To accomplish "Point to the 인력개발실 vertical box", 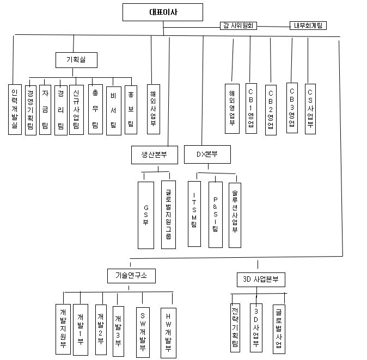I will tap(15, 109).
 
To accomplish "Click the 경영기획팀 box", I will tap(31, 109).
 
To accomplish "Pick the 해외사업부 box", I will tap(153, 109).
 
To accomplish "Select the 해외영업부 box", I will tap(233, 108).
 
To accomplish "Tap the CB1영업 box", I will tap(250, 108).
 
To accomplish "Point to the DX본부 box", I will tap(207, 154).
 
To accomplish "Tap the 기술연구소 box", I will tap(131, 276).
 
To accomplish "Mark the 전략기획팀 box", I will tap(235, 327).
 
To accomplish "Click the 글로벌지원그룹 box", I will tap(168, 214).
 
